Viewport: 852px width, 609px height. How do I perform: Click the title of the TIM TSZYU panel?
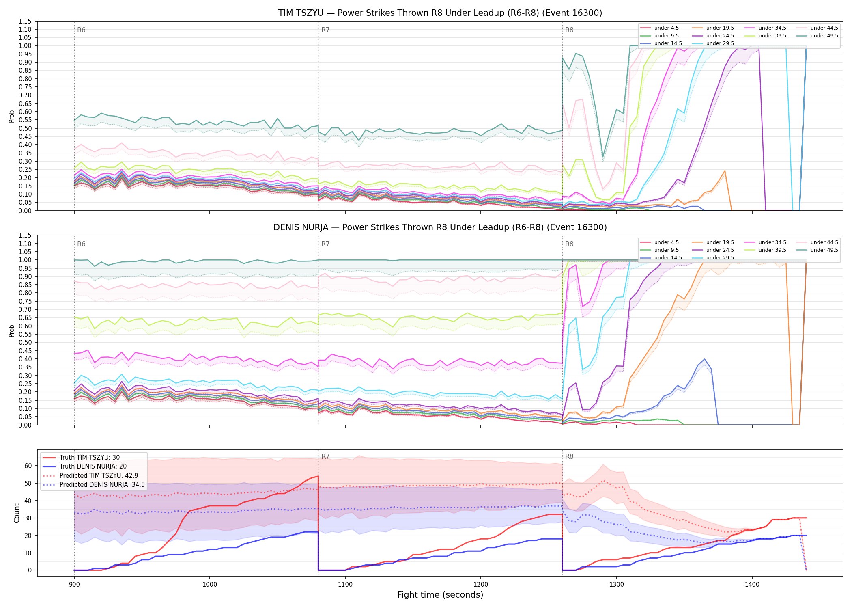tap(440, 13)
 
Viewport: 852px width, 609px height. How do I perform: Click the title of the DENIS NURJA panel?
tap(440, 227)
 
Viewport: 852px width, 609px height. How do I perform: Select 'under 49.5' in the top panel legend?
tap(824, 36)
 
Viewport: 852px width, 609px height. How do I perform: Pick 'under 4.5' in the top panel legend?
tap(667, 28)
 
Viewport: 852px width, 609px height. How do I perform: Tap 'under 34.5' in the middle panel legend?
tap(772, 242)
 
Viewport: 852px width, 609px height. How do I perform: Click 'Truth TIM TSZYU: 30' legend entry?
tap(90, 458)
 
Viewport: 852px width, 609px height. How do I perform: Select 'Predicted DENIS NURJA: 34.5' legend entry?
tap(102, 485)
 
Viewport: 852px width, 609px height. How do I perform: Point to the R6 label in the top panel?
tap(81, 30)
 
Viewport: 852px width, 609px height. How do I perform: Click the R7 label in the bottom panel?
tap(325, 456)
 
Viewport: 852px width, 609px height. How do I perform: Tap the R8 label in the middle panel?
tap(569, 244)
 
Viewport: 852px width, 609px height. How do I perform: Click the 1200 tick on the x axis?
tap(481, 584)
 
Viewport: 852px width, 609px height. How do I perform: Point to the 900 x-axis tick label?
tap(74, 584)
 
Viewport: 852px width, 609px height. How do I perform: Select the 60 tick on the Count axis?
tap(28, 466)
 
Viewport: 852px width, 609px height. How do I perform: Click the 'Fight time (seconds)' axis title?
tap(440, 595)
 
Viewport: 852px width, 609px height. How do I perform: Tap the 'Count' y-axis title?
tap(17, 513)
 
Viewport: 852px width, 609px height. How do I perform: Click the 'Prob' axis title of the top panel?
tap(12, 116)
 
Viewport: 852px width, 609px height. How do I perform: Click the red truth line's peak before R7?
tap(318, 476)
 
